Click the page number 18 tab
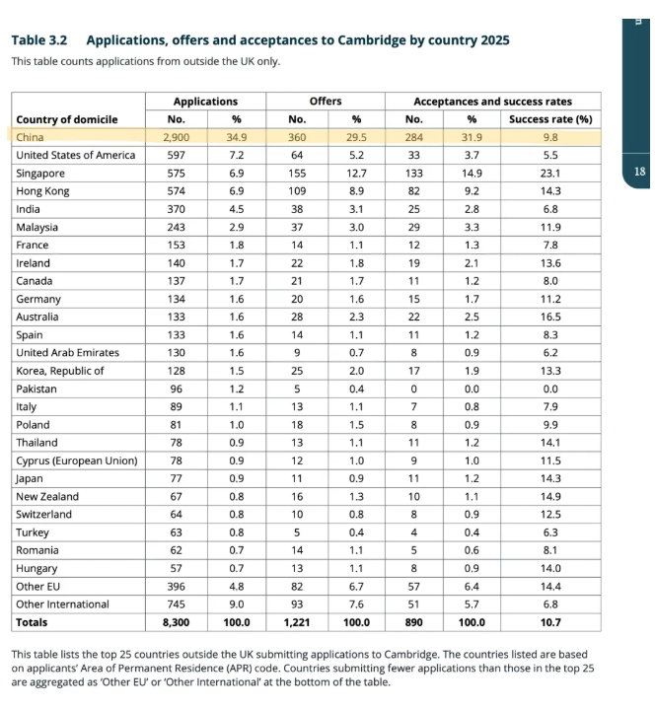click(639, 172)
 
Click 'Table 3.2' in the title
click(39, 40)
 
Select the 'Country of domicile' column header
click(67, 119)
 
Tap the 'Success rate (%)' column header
click(550, 119)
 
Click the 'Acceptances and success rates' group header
click(492, 102)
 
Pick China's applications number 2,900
click(176, 137)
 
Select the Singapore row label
click(40, 174)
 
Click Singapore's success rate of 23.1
click(550, 174)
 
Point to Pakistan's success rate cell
click(550, 389)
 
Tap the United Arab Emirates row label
click(67, 353)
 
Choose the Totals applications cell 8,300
click(176, 622)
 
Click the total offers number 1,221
click(297, 622)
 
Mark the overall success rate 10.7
click(550, 622)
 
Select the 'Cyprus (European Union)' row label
click(77, 461)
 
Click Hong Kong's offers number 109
click(297, 191)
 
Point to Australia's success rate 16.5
click(550, 317)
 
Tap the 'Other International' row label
click(62, 604)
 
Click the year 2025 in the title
click(495, 40)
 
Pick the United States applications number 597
click(176, 155)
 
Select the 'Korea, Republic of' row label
click(60, 371)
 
